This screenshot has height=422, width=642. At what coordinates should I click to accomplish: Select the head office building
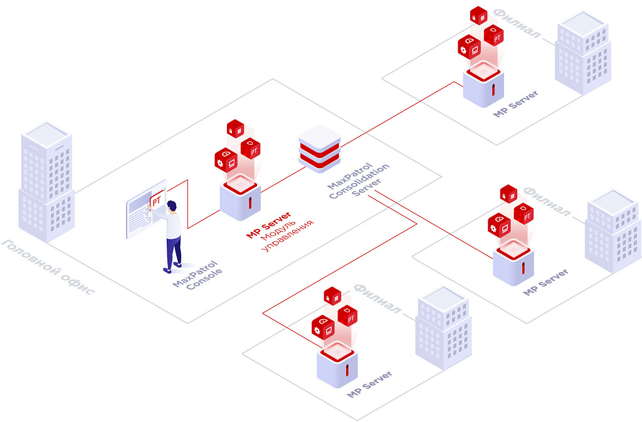pos(46,182)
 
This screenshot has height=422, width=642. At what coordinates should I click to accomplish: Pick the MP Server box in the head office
pos(240,198)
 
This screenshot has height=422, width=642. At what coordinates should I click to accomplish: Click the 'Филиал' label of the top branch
pos(517,24)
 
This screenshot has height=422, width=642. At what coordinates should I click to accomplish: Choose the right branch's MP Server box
pos(513,264)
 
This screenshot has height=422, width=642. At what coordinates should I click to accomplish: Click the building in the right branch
pos(613,231)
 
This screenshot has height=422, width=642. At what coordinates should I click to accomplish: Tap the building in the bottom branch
pos(443,329)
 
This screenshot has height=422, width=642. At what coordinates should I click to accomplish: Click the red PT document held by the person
pos(157,202)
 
